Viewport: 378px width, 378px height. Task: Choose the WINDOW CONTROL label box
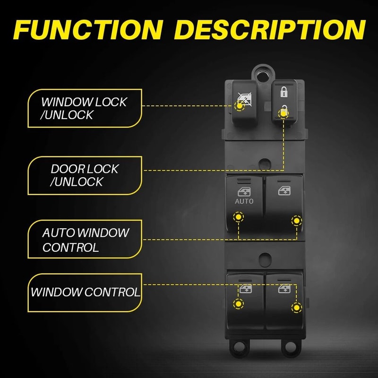coord(85,292)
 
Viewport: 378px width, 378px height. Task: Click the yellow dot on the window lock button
coord(240,106)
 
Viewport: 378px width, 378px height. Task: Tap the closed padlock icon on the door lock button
coord(283,91)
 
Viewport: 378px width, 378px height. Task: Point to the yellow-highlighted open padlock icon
coord(283,112)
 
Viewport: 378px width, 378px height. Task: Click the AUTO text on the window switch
coord(244,201)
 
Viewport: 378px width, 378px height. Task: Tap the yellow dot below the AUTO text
coord(238,218)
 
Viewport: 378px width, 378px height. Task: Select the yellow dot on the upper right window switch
coord(296,221)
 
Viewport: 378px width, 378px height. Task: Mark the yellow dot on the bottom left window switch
coord(238,303)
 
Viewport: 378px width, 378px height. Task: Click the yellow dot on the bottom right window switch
coord(296,308)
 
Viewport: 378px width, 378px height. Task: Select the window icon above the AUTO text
coord(244,191)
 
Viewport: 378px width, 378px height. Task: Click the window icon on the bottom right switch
coord(284,289)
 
